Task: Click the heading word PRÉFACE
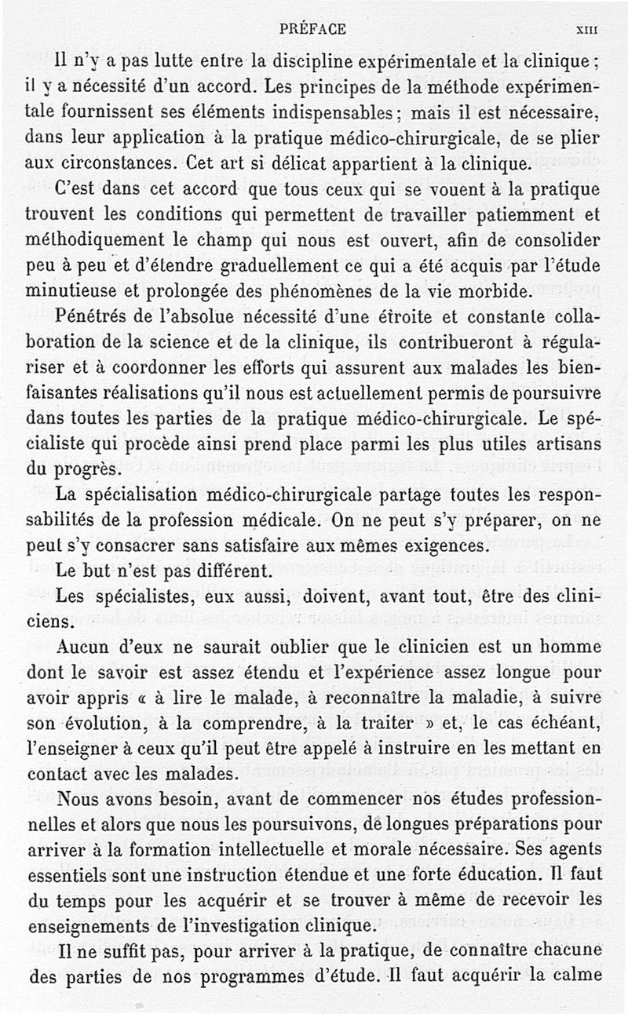312,29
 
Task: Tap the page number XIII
587,30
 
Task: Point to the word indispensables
334,112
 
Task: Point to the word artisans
561,444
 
